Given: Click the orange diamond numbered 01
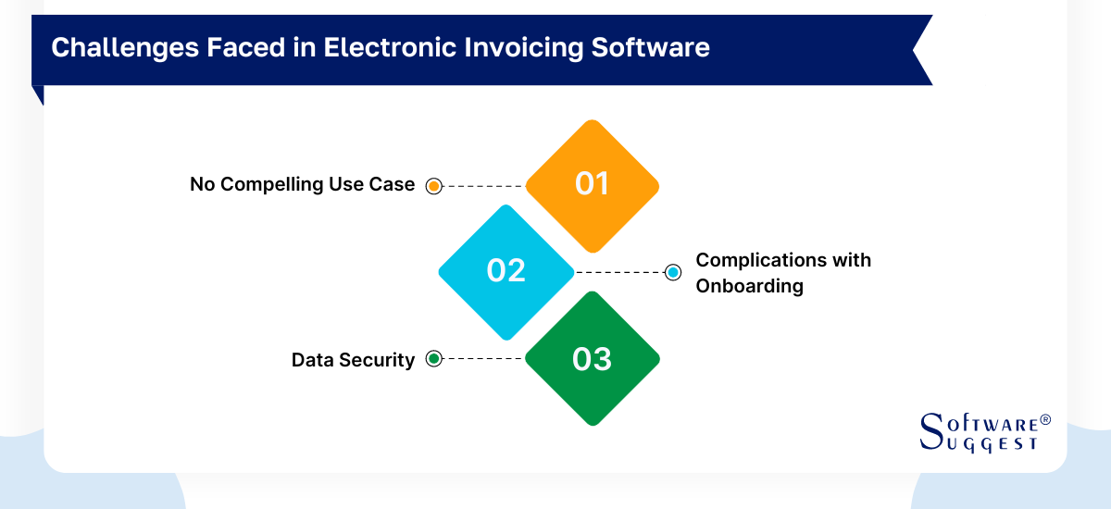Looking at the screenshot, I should pos(592,185).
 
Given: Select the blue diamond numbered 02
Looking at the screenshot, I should pos(506,271).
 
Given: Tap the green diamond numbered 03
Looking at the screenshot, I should pos(592,358).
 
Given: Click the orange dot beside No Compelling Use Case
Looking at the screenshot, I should pos(432,185).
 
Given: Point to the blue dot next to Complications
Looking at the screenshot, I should pos(673,272).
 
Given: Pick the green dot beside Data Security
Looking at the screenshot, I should pos(432,359).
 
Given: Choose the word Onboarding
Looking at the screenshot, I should pos(749,286).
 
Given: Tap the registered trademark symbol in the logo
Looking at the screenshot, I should pos(1045,420).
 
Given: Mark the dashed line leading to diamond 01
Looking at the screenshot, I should pos(482,185).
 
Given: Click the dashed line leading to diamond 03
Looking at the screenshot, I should pos(482,359).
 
